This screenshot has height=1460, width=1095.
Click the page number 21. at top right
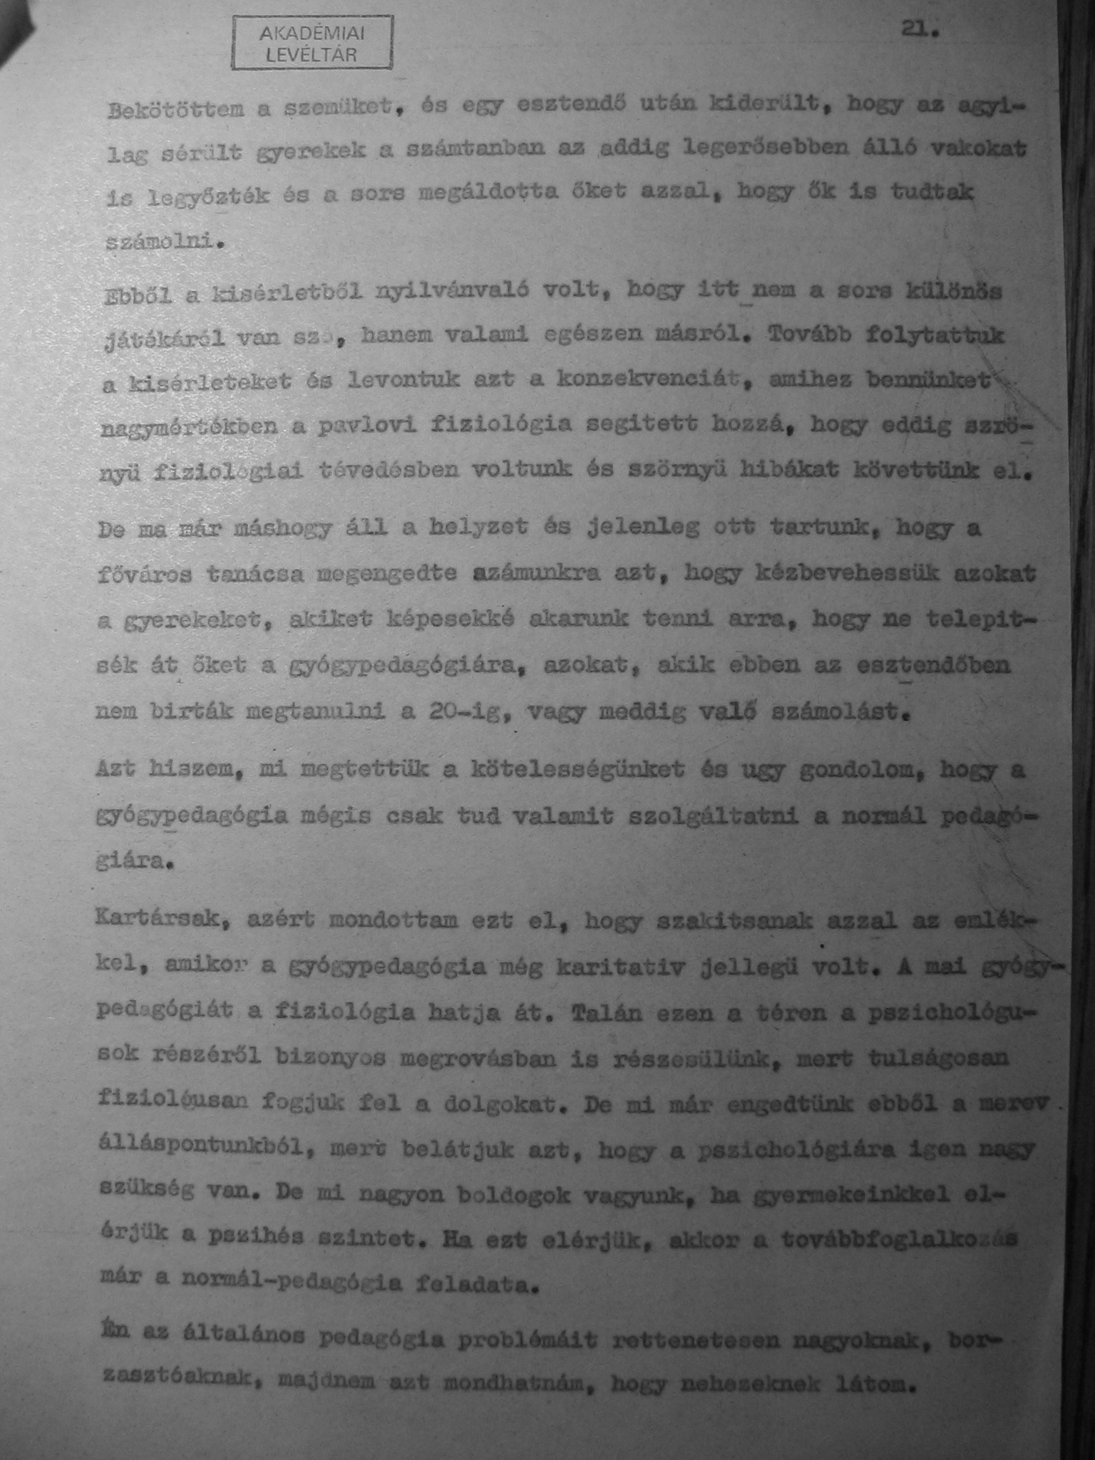click(x=921, y=30)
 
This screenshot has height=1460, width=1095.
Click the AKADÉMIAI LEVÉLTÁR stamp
click(x=312, y=43)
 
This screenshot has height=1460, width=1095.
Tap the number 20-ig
click(x=457, y=711)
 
